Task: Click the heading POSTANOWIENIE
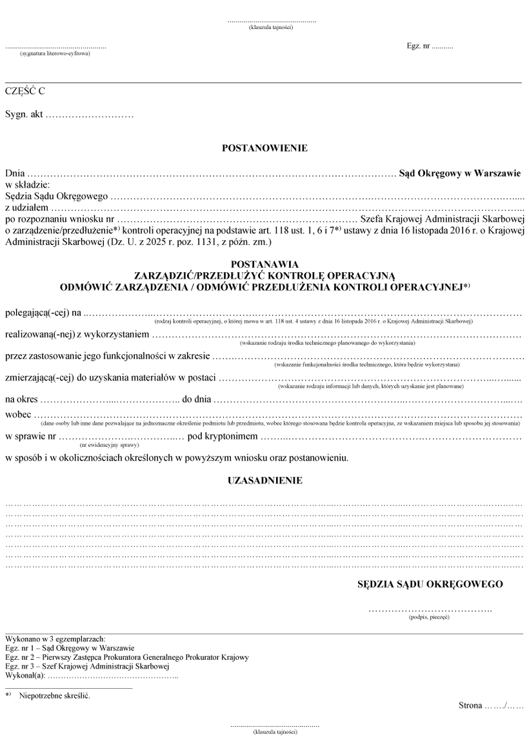click(264, 148)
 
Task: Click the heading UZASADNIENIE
click(264, 480)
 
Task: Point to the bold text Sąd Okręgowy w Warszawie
click(459, 173)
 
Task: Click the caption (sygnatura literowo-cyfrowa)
click(55, 54)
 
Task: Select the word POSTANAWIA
click(264, 264)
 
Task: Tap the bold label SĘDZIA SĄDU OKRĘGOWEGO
click(430, 585)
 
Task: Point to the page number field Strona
click(490, 706)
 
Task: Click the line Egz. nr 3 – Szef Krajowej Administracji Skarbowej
click(87, 666)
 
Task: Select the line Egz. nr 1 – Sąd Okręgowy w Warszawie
click(70, 648)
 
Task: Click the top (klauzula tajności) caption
click(272, 28)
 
